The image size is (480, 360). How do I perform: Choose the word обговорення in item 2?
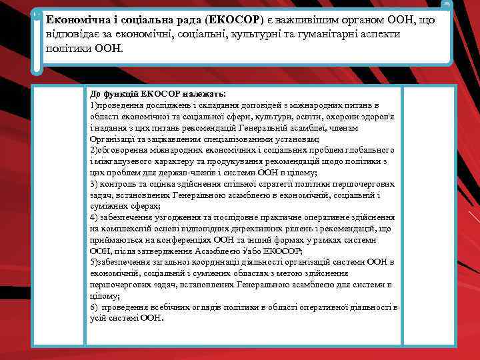coord(124,150)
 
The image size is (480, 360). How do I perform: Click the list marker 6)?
coord(94,307)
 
